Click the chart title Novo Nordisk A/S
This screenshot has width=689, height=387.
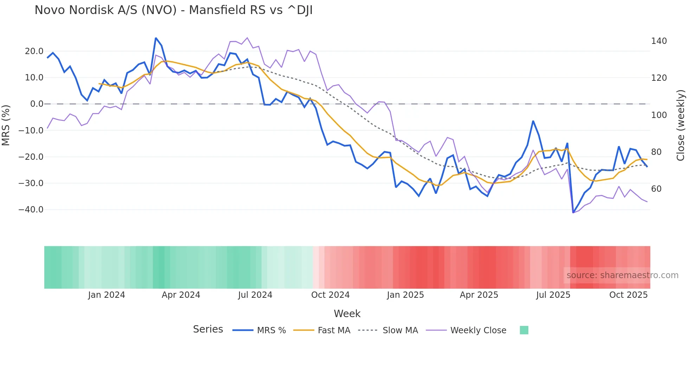[x=173, y=10]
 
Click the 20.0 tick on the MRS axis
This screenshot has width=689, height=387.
[x=34, y=51]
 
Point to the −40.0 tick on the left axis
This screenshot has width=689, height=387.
[x=31, y=210]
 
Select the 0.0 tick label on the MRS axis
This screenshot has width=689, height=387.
[x=37, y=104]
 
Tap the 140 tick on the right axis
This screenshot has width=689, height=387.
[x=659, y=41]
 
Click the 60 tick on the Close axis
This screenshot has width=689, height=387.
[x=656, y=189]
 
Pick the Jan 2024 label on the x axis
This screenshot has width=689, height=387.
[x=107, y=295]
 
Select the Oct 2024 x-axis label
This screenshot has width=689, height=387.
[x=330, y=295]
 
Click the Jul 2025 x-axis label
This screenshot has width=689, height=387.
[x=553, y=295]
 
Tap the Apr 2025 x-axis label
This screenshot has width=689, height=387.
[x=479, y=295]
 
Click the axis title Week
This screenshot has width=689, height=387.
[x=347, y=314]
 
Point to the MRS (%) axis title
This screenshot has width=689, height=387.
[x=6, y=125]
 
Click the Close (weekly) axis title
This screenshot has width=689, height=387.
[x=681, y=125]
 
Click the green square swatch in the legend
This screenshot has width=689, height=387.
[x=524, y=330]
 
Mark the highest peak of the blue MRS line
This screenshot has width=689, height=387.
[x=156, y=38]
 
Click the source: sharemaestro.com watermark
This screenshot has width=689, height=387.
[x=622, y=275]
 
